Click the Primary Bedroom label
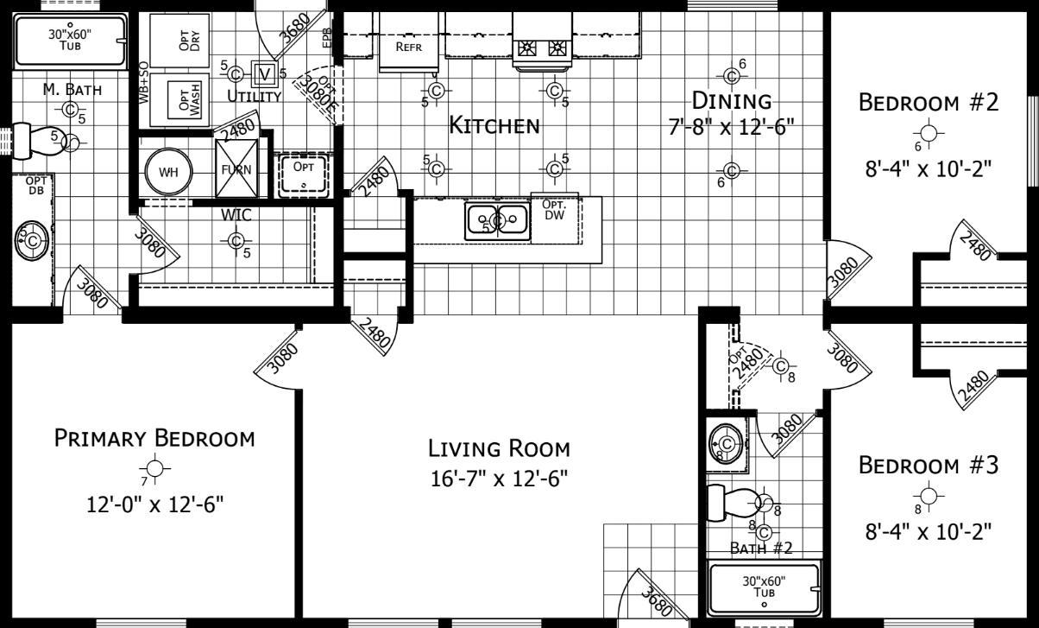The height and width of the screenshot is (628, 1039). pos(154,438)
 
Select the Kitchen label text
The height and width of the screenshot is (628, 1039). pos(494,126)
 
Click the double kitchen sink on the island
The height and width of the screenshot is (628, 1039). pos(497,219)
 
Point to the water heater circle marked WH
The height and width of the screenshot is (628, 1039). pos(167,171)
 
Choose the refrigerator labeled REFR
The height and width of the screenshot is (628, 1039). pos(408,47)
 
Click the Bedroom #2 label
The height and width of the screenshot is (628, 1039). pos(928,103)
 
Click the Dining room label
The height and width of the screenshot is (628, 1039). pos(730,103)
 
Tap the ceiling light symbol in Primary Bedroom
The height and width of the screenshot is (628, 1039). pos(154,468)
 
